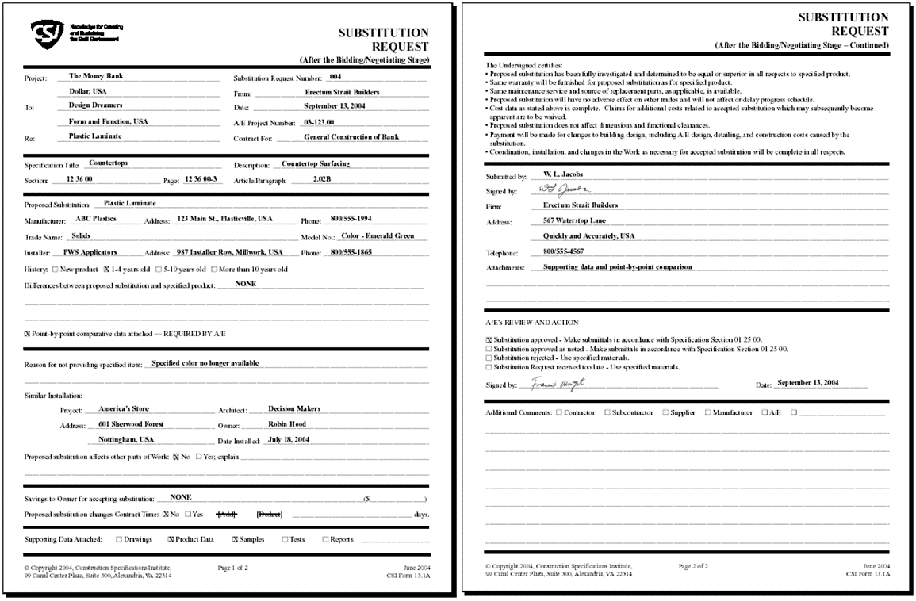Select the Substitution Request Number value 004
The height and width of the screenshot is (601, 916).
point(335,78)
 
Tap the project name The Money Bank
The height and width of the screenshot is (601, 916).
point(96,77)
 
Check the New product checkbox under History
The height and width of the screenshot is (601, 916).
point(55,270)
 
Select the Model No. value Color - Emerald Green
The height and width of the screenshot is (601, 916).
point(383,236)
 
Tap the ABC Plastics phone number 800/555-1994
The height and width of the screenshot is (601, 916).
point(348,219)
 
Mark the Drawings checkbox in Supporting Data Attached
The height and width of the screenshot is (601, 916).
point(119,540)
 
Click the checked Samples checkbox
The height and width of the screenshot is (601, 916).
point(235,540)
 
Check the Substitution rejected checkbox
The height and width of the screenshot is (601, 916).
point(489,358)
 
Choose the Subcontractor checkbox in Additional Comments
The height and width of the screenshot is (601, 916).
point(607,413)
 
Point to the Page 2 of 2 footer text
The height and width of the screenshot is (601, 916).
point(693,567)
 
